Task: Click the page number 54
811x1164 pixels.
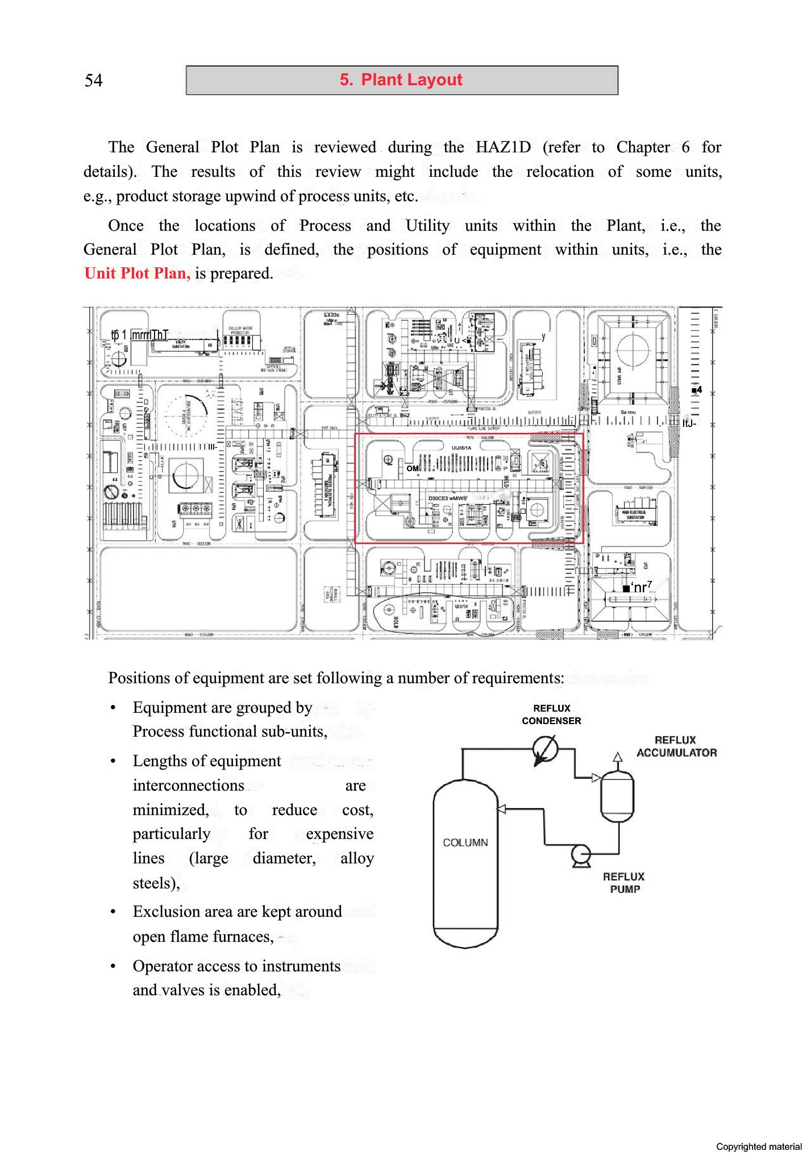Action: point(94,80)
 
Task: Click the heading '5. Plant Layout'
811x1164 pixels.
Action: point(401,80)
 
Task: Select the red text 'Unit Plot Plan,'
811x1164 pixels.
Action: point(137,273)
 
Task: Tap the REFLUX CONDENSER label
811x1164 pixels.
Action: point(551,714)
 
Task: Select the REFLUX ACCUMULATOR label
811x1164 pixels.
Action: point(676,746)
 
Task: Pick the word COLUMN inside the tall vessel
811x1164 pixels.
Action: point(465,842)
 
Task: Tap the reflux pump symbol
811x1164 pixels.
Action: point(581,854)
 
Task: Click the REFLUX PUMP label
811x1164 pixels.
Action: point(624,883)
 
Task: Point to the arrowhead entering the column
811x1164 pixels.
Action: point(502,809)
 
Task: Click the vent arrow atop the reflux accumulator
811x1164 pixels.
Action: point(618,757)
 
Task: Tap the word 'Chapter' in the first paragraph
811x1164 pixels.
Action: point(643,147)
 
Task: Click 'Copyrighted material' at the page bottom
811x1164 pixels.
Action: point(758,1146)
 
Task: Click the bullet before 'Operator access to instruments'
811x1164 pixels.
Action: point(113,966)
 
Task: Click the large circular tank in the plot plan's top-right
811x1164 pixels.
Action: point(632,351)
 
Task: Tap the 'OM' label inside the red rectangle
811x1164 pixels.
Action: point(413,468)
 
